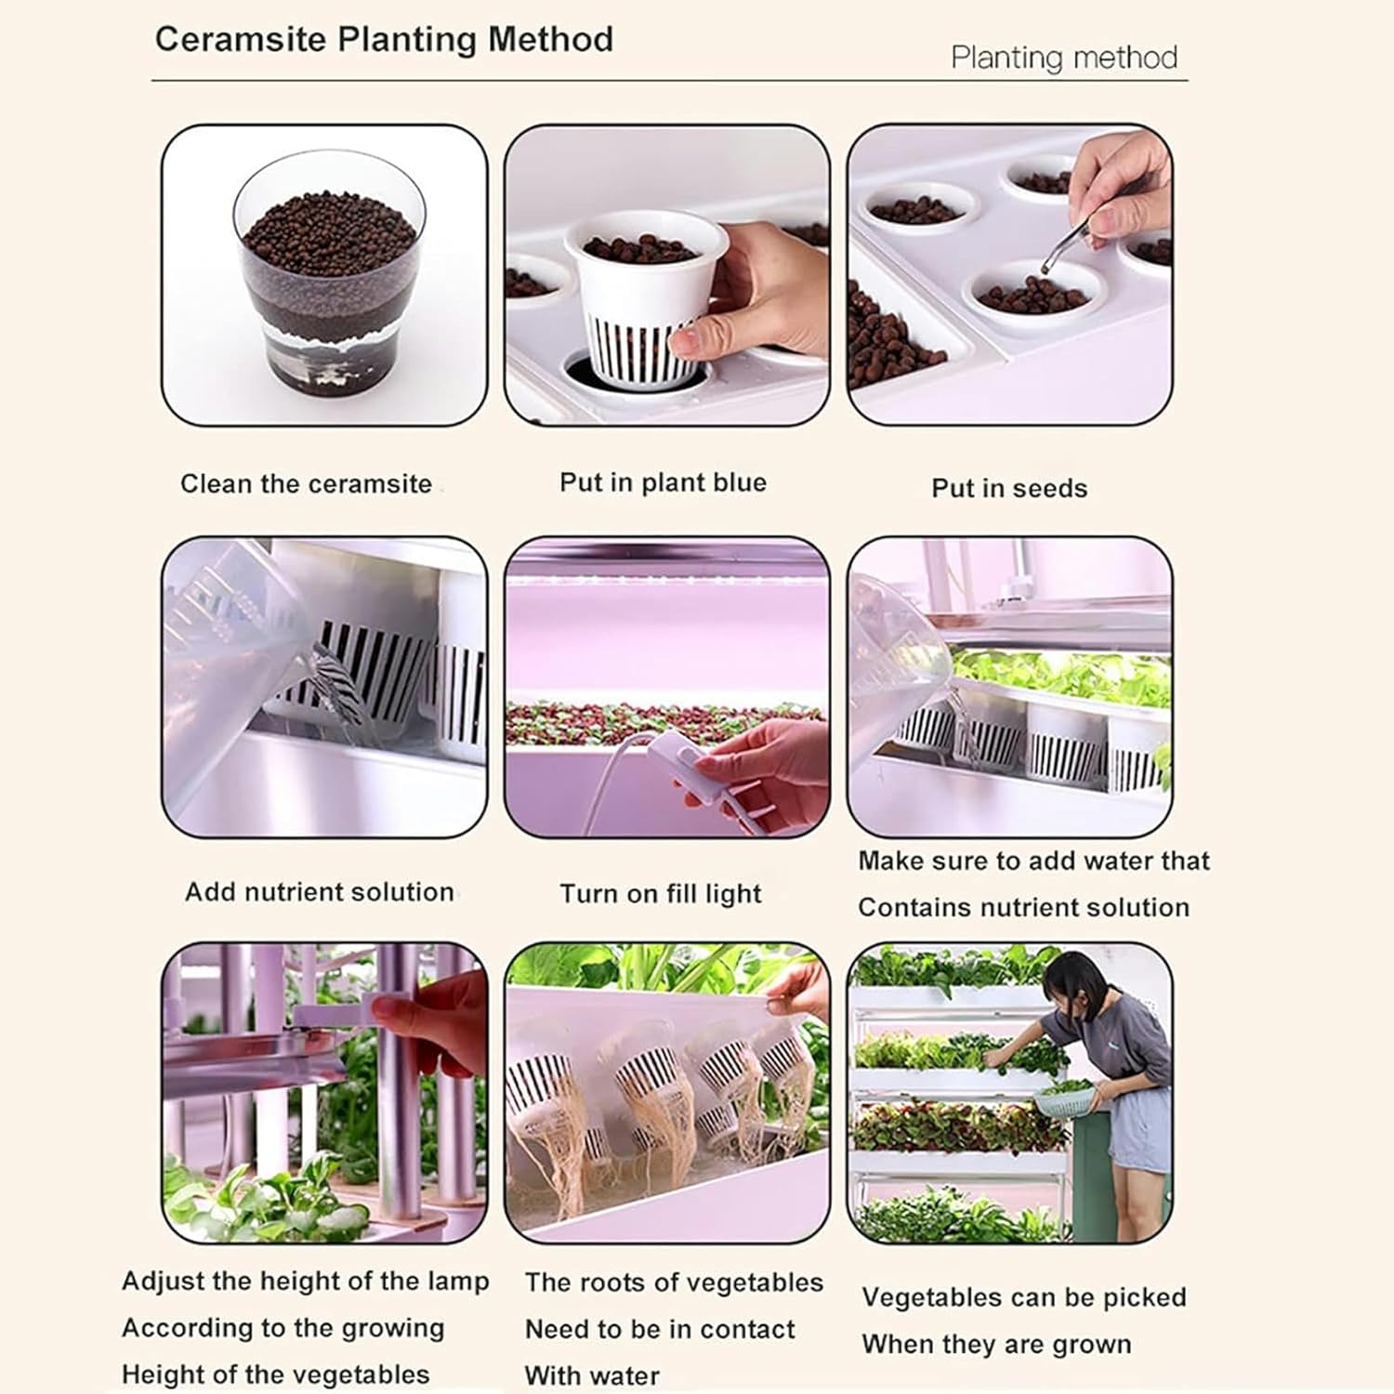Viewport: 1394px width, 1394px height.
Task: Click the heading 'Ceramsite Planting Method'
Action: pyautogui.click(x=384, y=40)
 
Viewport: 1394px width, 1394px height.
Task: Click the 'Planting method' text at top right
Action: pyautogui.click(x=1063, y=58)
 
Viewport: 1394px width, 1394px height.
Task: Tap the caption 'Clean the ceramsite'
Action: pyautogui.click(x=306, y=484)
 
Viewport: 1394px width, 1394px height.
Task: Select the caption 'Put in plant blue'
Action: pyautogui.click(x=663, y=482)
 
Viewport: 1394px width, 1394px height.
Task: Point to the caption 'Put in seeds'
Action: pyautogui.click(x=1009, y=489)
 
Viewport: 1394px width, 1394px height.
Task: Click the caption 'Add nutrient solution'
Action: pyautogui.click(x=319, y=892)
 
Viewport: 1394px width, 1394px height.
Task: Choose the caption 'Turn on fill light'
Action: pyautogui.click(x=660, y=894)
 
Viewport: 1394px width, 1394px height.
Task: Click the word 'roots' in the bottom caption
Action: pyautogui.click(x=612, y=1282)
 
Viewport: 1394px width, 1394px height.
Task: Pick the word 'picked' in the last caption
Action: pyautogui.click(x=1144, y=1297)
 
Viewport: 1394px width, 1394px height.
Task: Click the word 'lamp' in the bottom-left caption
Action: pyautogui.click(x=458, y=1282)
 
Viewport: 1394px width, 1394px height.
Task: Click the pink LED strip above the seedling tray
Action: pyautogui.click(x=664, y=580)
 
